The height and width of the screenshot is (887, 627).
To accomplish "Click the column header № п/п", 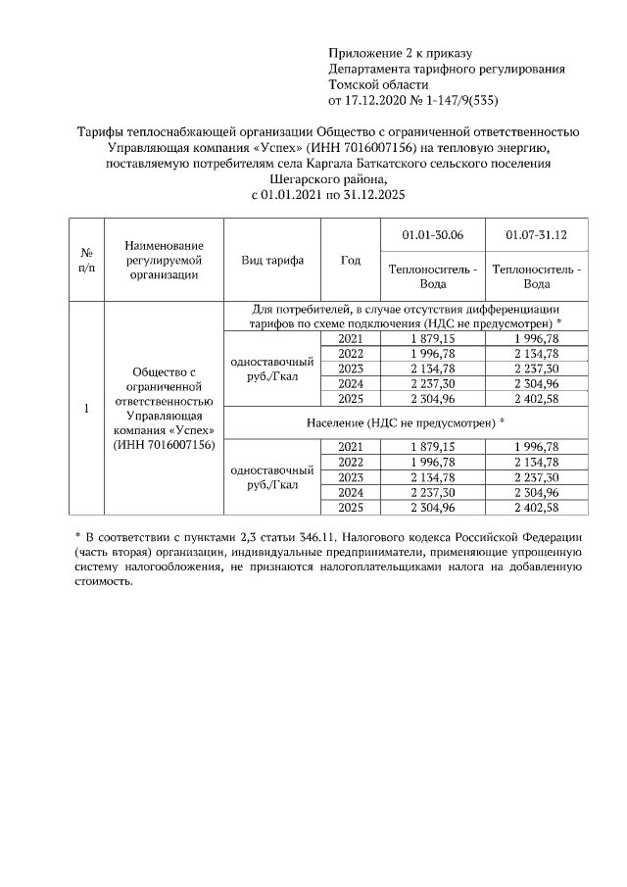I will click(85, 260).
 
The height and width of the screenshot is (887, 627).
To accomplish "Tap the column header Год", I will click(350, 261).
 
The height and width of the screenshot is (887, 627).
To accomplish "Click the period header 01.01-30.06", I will click(432, 236).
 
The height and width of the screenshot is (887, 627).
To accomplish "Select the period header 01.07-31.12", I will click(536, 236).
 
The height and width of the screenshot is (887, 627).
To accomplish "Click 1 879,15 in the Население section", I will click(432, 447).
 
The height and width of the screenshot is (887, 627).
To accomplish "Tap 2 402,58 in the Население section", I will click(536, 508).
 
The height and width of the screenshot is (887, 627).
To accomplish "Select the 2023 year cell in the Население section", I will click(350, 477).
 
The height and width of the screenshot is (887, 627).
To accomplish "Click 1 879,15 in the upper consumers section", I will click(432, 338).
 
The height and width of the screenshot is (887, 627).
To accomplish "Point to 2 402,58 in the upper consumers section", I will click(536, 398).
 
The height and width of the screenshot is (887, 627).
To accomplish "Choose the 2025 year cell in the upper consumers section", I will click(350, 398).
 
